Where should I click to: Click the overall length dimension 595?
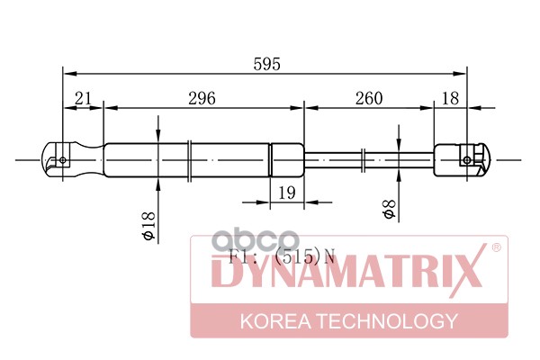coord(267,64)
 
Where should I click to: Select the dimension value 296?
coord(201,98)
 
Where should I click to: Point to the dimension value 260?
coord(367,98)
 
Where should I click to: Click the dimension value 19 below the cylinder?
coord(287,193)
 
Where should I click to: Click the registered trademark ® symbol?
coord(495,246)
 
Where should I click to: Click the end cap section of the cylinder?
coord(288,160)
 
